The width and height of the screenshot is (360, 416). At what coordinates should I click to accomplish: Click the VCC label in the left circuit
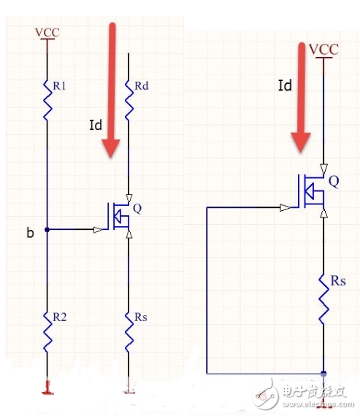tap(48, 32)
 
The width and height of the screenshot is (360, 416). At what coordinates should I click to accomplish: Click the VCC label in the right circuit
tap(323, 50)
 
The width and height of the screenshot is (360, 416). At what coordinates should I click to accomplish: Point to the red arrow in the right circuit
tap(300, 99)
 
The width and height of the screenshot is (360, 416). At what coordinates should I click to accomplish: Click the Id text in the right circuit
tap(286, 86)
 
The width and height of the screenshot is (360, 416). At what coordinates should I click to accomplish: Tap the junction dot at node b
tap(47, 230)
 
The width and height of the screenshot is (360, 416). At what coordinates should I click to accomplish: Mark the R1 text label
tap(59, 85)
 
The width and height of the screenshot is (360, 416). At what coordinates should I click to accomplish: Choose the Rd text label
tap(141, 87)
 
